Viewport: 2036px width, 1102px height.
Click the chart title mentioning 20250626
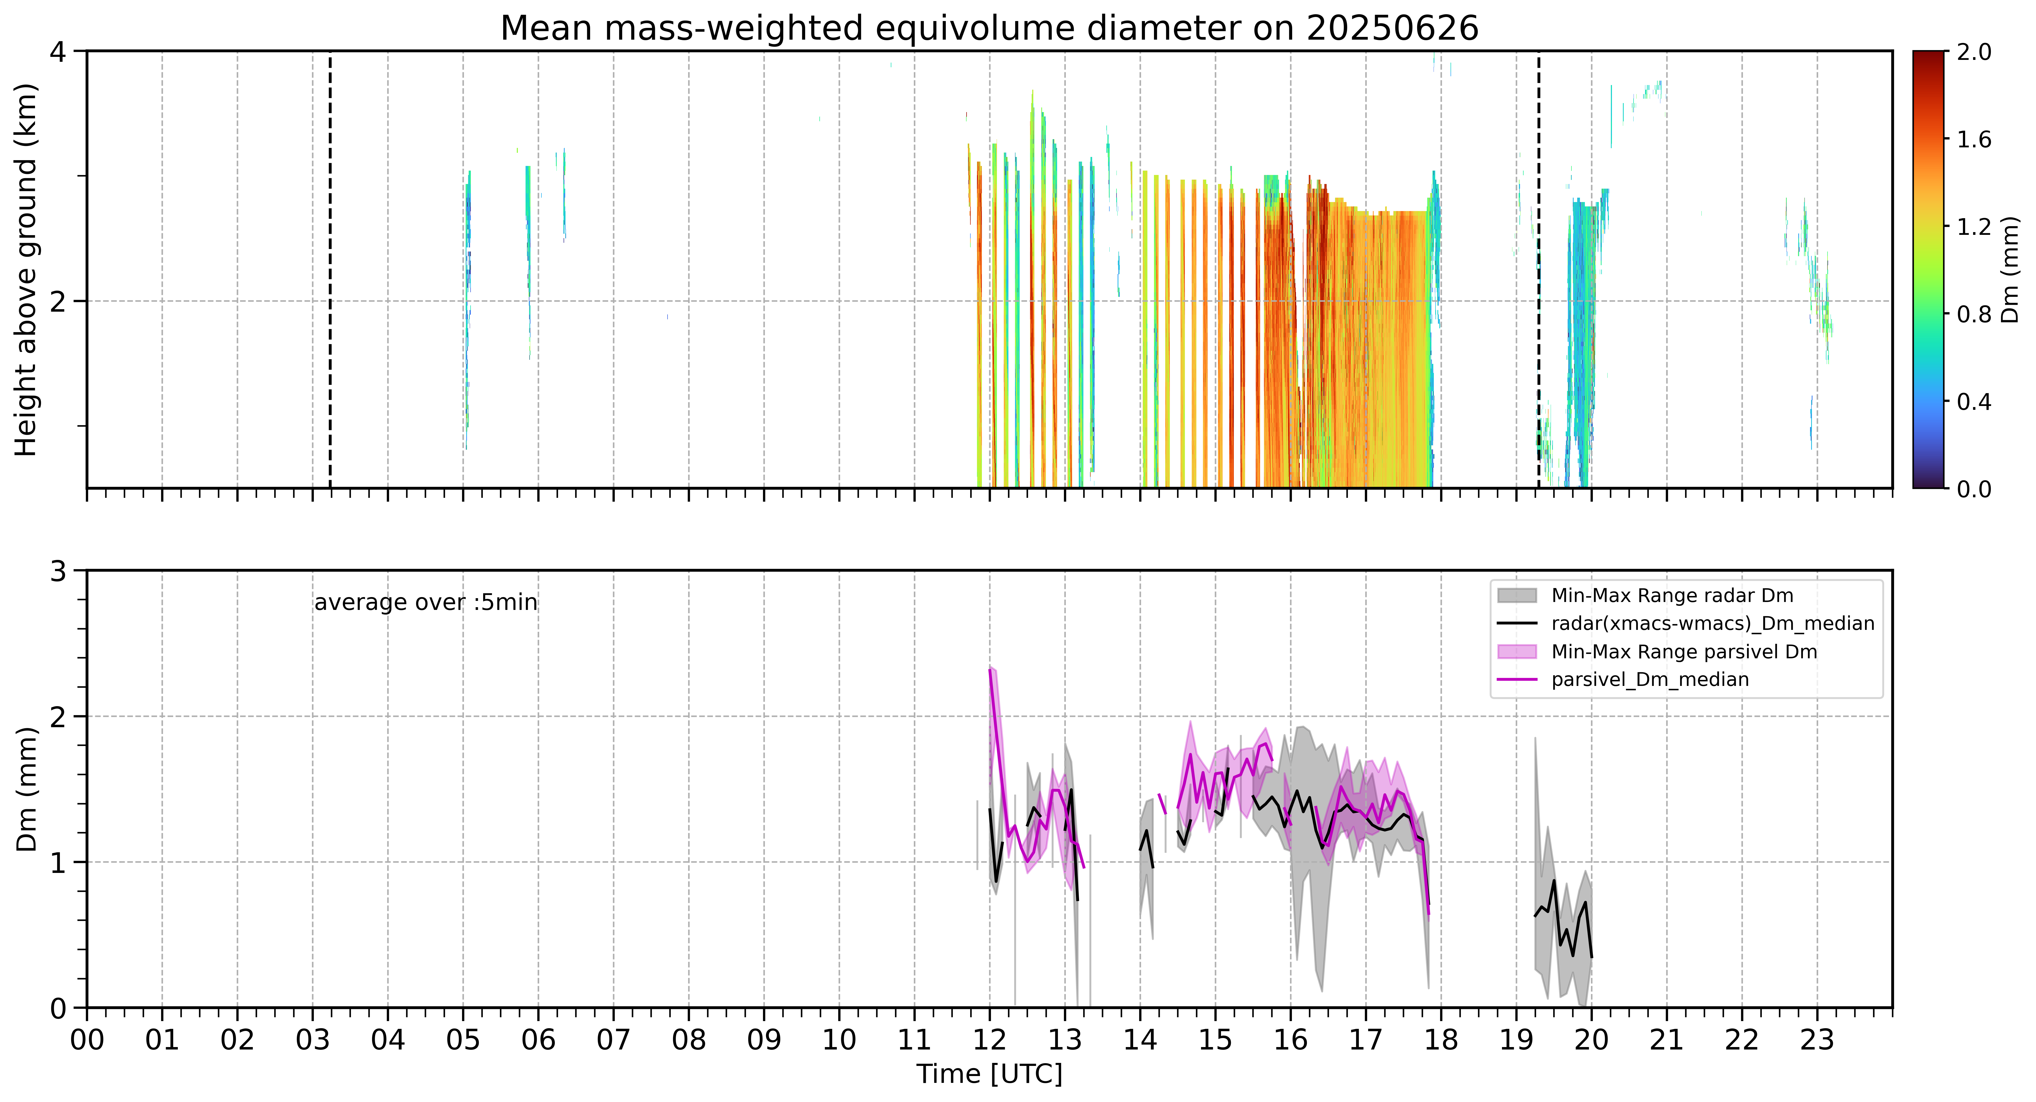[990, 28]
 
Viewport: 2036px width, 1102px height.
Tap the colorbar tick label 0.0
[1974, 489]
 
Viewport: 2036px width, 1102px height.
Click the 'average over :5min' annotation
[425, 603]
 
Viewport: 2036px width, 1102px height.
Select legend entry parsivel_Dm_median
[1650, 679]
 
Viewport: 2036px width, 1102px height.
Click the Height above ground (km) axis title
[26, 269]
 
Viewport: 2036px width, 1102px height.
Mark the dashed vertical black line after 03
[330, 269]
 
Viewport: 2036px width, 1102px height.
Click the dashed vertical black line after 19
[1538, 269]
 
